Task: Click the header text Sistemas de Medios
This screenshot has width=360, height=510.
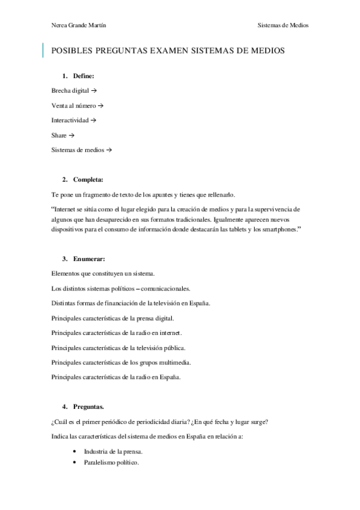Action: tap(282, 25)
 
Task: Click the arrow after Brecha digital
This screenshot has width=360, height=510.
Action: tap(94, 90)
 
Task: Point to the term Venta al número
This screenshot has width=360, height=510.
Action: tap(73, 105)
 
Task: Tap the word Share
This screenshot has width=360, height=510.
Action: tap(59, 135)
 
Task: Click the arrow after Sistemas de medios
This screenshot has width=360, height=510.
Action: tap(109, 150)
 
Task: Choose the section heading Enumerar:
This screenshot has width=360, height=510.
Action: tap(88, 259)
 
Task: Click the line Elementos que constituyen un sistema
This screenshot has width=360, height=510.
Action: tap(103, 273)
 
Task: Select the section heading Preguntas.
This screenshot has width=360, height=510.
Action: tap(88, 407)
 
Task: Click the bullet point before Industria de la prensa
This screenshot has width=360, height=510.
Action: tap(74, 451)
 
